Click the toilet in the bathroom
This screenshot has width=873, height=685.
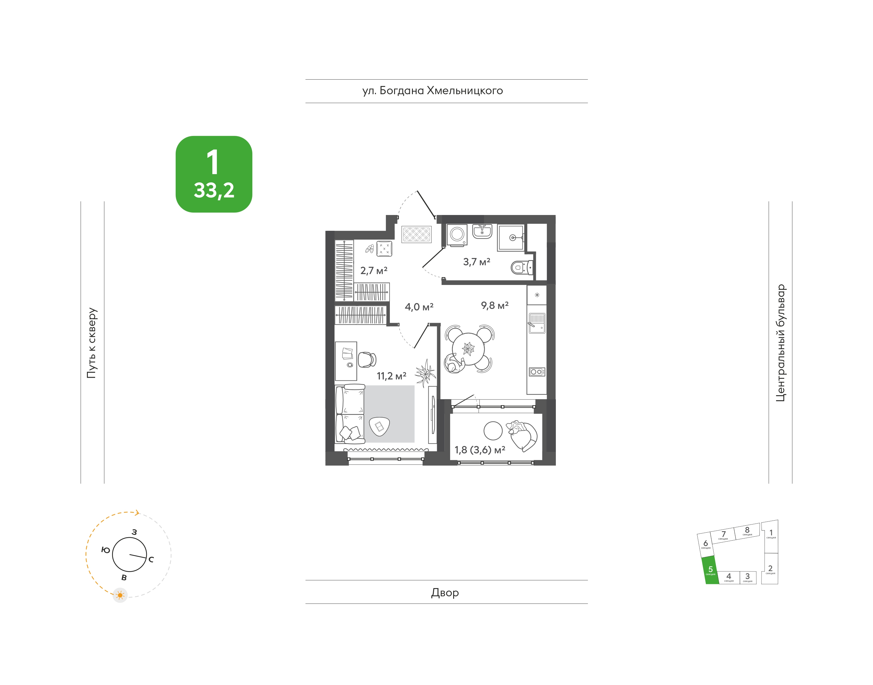(x=522, y=267)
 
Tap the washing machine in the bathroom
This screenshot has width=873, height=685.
(x=457, y=234)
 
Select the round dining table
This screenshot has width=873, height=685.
(x=468, y=349)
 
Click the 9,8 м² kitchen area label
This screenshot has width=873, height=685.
(x=495, y=306)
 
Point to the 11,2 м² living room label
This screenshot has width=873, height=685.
(x=391, y=376)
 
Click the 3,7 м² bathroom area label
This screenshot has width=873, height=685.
(x=476, y=262)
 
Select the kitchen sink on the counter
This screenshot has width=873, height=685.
(x=537, y=323)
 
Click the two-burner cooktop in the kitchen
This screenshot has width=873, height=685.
(x=537, y=372)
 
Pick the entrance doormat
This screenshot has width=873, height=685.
(x=417, y=234)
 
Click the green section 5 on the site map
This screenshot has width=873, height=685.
(x=710, y=570)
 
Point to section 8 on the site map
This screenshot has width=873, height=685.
(x=747, y=531)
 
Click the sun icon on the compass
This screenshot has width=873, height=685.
(x=120, y=595)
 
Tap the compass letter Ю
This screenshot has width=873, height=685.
(x=105, y=550)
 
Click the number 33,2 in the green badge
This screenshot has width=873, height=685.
(x=214, y=190)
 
